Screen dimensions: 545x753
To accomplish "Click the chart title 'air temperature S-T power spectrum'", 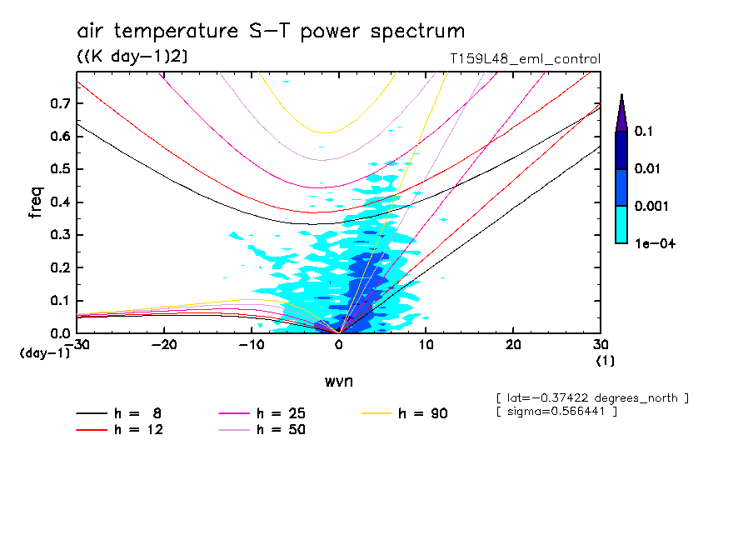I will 271,32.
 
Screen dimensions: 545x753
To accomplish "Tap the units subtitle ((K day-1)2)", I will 132,57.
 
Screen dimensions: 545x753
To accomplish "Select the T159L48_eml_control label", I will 524,59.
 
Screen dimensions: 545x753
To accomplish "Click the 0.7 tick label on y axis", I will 59,103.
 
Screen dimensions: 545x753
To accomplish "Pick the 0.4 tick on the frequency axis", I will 59,202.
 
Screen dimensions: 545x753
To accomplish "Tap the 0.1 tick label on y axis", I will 59,300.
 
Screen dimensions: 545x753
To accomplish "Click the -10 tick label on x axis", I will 251,345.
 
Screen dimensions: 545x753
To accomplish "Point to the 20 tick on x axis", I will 512,345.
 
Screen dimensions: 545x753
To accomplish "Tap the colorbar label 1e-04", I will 653,242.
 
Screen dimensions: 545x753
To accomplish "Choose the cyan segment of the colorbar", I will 621,224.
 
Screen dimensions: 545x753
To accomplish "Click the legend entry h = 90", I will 406,413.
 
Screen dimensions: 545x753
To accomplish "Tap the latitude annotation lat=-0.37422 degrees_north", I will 592,398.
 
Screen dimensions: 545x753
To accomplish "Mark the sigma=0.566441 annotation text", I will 556,412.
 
